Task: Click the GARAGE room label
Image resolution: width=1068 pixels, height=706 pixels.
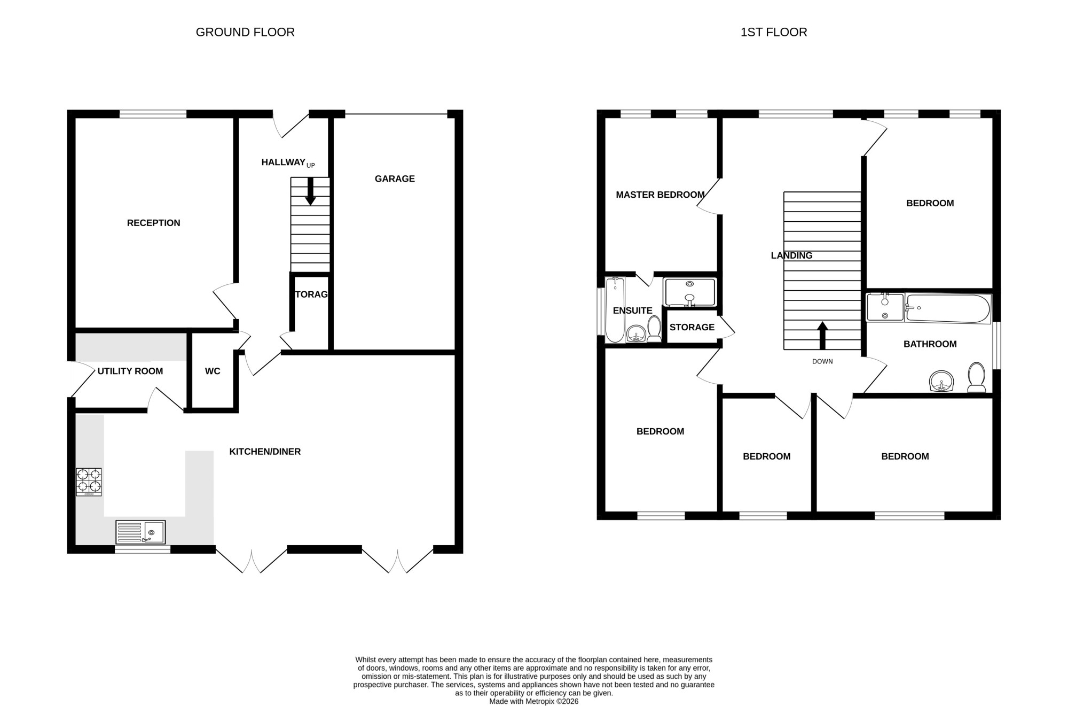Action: (x=395, y=179)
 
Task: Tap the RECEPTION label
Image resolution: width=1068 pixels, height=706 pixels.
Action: (x=154, y=223)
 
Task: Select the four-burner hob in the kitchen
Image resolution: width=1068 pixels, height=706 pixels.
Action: (x=89, y=482)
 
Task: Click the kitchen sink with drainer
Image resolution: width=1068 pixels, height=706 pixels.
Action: (x=140, y=532)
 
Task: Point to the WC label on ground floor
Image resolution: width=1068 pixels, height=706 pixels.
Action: (x=213, y=371)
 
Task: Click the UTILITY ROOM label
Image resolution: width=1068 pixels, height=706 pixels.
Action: (x=130, y=371)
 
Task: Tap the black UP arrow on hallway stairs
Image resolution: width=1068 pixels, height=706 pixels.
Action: (x=310, y=191)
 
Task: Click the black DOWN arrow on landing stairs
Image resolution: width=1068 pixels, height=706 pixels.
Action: (x=822, y=336)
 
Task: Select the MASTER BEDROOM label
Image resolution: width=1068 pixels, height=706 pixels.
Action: (x=660, y=195)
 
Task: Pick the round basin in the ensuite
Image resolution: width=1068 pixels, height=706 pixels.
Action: (x=635, y=334)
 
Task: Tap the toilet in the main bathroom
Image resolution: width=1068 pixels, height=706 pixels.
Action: (x=977, y=377)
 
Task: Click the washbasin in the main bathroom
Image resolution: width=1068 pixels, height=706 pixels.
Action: (x=941, y=381)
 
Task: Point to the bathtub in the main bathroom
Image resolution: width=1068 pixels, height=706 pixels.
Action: (x=948, y=308)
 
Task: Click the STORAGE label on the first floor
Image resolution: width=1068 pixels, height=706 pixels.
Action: (x=692, y=327)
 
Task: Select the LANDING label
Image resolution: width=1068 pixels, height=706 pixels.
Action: (x=792, y=255)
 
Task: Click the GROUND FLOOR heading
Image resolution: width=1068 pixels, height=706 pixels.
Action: (x=245, y=32)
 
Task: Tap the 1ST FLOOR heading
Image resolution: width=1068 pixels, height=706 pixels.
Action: (x=774, y=32)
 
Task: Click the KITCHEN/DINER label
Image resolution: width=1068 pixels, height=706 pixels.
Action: (x=265, y=452)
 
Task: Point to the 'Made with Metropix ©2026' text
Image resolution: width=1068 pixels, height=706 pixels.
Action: (x=534, y=701)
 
